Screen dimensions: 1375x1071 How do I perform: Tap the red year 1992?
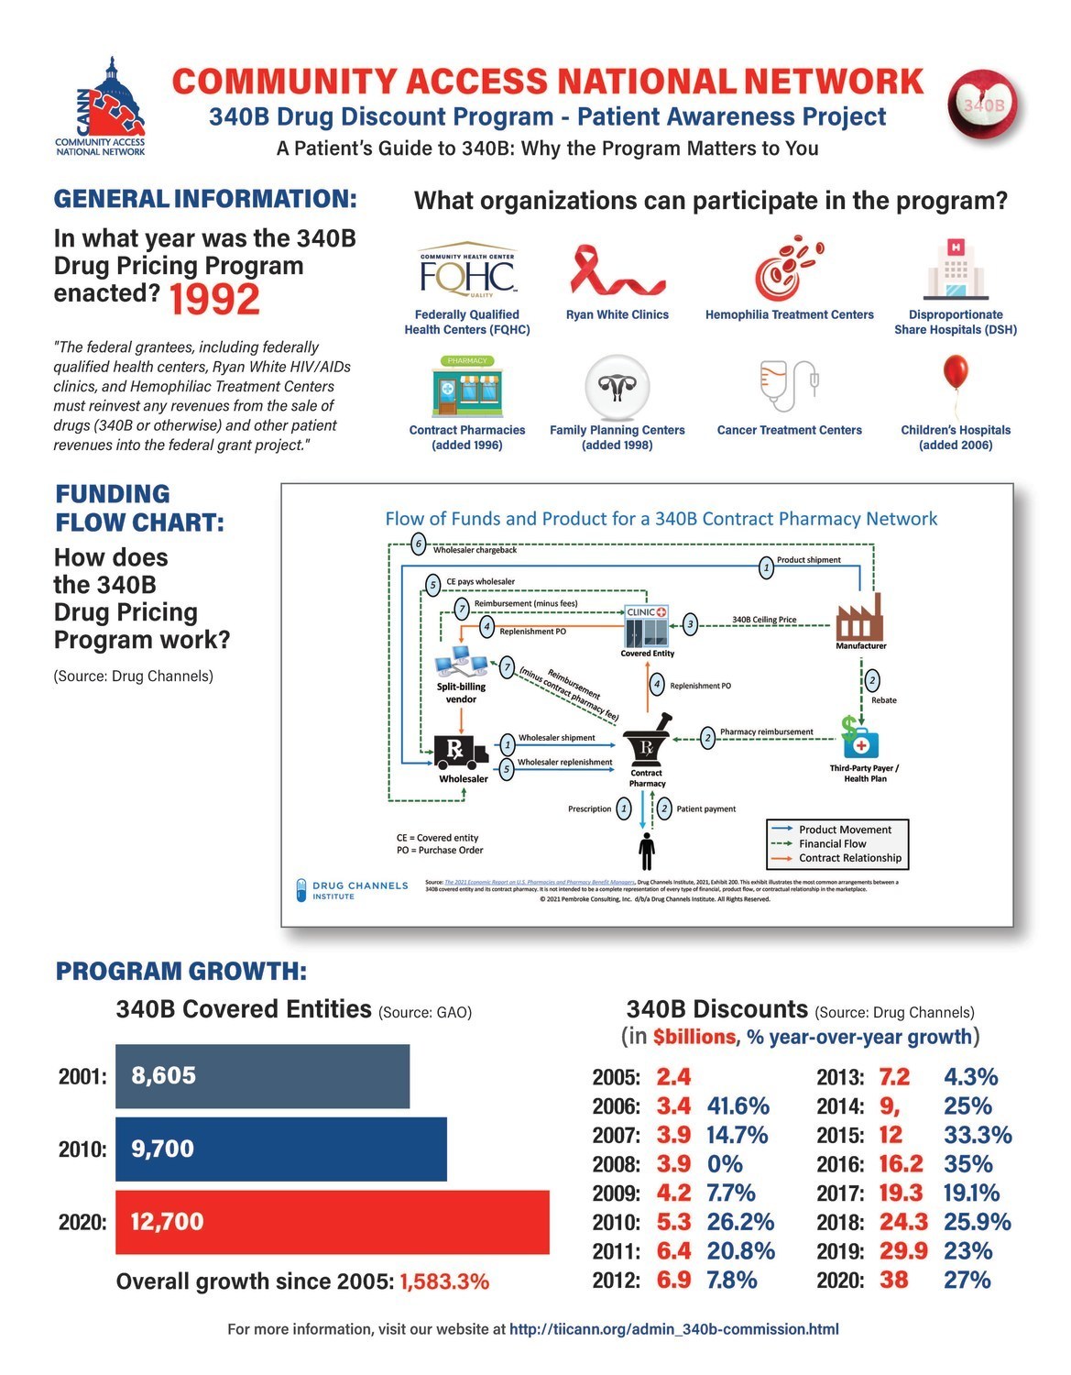(x=214, y=300)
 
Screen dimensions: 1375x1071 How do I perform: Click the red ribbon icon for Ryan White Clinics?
(x=617, y=271)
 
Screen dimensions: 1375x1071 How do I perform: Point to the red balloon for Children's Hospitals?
(x=955, y=376)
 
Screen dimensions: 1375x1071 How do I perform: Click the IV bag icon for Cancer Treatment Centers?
(x=789, y=386)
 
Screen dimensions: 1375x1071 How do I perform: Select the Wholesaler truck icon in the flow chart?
(x=462, y=752)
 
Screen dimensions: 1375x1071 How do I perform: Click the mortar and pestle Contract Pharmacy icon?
(x=647, y=744)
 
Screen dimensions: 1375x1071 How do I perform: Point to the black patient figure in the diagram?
(x=647, y=851)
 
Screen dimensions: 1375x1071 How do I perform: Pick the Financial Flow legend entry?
(x=832, y=843)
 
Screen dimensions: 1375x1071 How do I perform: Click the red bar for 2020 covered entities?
(x=332, y=1222)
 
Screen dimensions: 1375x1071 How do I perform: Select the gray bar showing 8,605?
(x=262, y=1075)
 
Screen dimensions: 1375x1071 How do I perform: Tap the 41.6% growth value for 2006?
(x=738, y=1106)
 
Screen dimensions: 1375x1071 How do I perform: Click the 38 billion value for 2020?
(x=894, y=1280)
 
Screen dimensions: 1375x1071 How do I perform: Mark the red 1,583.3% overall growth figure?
(x=444, y=1281)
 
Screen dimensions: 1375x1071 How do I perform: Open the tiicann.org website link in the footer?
(x=673, y=1329)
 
